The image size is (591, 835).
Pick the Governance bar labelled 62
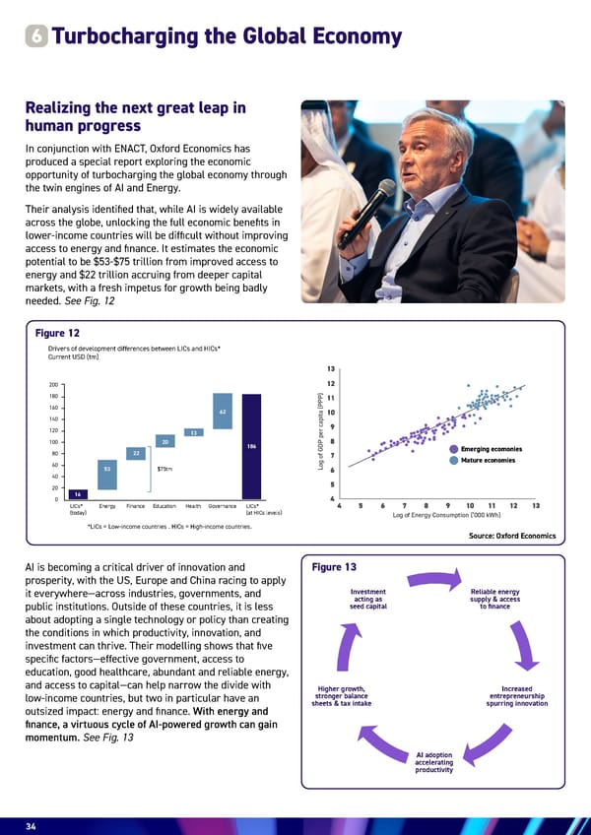tap(223, 412)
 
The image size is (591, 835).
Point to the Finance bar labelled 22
tap(137, 452)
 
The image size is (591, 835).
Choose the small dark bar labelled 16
tap(78, 493)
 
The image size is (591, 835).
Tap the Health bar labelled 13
tap(194, 432)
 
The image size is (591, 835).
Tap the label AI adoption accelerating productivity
tap(433, 764)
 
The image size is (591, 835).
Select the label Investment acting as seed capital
tap(366, 599)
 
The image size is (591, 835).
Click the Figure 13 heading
tap(340, 567)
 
